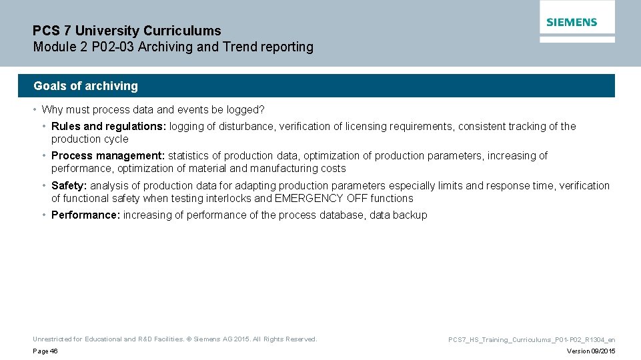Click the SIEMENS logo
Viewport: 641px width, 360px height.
pos(572,22)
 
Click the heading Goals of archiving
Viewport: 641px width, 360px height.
pos(85,86)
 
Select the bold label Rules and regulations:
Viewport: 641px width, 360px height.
pos(109,127)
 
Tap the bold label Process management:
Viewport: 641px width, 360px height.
pos(108,156)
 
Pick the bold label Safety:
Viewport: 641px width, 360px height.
pos(69,186)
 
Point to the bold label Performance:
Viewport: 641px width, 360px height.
pos(85,215)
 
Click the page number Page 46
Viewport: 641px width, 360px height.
pos(45,351)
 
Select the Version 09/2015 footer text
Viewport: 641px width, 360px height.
pos(591,351)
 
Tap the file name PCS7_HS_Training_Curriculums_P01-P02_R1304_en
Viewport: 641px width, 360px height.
pos(532,340)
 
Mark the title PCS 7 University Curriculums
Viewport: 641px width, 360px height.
pos(127,31)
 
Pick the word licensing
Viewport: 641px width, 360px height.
pos(367,127)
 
